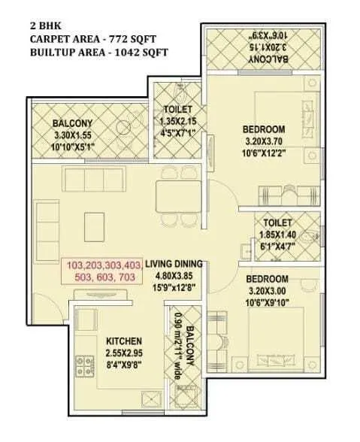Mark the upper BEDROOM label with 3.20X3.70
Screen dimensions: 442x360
click(x=263, y=129)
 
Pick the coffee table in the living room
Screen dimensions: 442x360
click(x=94, y=224)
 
